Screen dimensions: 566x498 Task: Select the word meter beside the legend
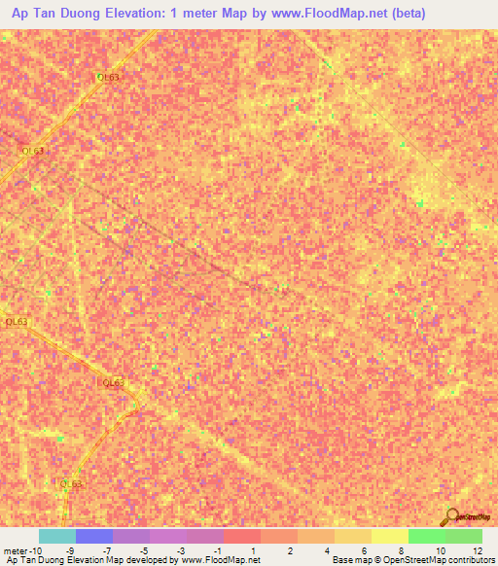(16, 550)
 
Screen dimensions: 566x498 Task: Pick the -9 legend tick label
(68, 550)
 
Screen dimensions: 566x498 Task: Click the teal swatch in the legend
(56, 536)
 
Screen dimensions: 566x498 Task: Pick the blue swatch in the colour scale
(93, 536)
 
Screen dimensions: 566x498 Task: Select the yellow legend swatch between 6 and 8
(389, 536)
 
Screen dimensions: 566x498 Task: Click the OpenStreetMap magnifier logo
(450, 515)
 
